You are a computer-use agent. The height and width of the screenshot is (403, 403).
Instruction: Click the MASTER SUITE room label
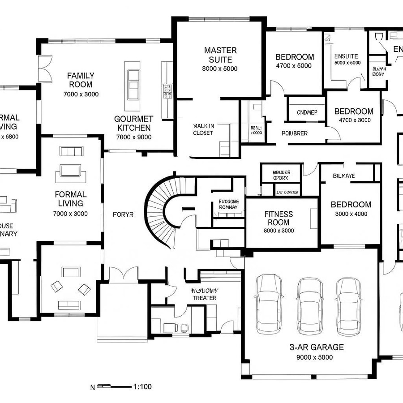(220, 55)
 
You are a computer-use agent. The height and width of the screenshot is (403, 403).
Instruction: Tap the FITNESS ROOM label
(279, 219)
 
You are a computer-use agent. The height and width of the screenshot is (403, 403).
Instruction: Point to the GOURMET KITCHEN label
(133, 123)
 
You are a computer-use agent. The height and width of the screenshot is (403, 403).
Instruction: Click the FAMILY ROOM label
(81, 80)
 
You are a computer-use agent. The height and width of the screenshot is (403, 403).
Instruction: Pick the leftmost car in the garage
(269, 302)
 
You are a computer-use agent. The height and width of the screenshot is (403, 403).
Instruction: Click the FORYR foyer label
(123, 214)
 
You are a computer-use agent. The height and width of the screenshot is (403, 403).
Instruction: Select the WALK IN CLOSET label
(203, 129)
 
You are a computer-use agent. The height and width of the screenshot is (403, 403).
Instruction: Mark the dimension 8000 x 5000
(220, 69)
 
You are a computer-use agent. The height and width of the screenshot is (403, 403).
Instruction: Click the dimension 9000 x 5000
(314, 357)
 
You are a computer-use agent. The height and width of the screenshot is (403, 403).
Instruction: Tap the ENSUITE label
(346, 56)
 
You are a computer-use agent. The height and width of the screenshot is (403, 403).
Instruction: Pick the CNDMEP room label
(307, 112)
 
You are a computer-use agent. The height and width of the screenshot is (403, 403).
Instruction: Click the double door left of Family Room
(45, 69)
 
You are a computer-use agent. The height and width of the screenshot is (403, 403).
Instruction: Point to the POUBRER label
(294, 133)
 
